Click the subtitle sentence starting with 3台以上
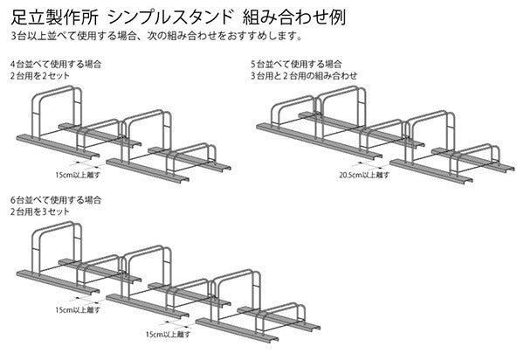click(157, 38)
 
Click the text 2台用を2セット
click(38, 77)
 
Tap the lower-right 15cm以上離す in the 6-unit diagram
click(167, 334)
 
